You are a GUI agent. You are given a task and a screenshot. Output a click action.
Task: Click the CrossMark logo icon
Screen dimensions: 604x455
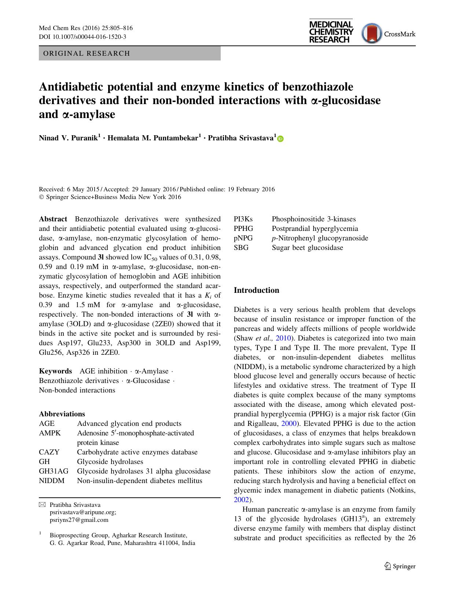click(x=372, y=34)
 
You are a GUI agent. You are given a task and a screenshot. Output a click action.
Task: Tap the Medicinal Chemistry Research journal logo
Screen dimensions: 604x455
click(x=331, y=32)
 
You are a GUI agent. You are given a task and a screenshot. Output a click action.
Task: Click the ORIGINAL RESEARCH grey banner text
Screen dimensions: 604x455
click(x=87, y=54)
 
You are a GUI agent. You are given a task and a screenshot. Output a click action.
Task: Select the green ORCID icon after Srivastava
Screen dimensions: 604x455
click(x=281, y=139)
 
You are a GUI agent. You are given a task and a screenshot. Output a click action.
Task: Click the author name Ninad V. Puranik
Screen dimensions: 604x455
click(x=69, y=138)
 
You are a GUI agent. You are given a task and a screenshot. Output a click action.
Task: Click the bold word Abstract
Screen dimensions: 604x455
click(x=53, y=219)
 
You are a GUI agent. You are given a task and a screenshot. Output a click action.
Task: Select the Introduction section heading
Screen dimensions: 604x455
click(x=256, y=290)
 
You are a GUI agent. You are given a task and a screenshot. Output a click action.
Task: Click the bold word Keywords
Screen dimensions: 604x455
click(x=55, y=371)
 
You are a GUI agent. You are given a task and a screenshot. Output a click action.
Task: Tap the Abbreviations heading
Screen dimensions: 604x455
click(x=62, y=414)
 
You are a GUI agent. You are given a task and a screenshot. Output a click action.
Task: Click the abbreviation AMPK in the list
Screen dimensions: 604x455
click(x=50, y=433)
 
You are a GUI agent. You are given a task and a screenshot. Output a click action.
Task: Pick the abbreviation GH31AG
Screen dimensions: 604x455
click(x=54, y=471)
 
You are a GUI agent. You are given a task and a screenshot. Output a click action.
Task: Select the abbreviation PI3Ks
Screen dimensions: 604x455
click(x=243, y=219)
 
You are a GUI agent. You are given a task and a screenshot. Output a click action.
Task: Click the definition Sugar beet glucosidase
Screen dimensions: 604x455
click(x=307, y=248)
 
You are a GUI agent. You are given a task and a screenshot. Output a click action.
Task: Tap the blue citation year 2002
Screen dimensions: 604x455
click(x=241, y=500)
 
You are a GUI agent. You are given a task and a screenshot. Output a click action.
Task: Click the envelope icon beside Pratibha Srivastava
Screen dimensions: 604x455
click(x=42, y=505)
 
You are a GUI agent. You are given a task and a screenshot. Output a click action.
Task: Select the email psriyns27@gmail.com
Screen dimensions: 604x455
click(x=79, y=520)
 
